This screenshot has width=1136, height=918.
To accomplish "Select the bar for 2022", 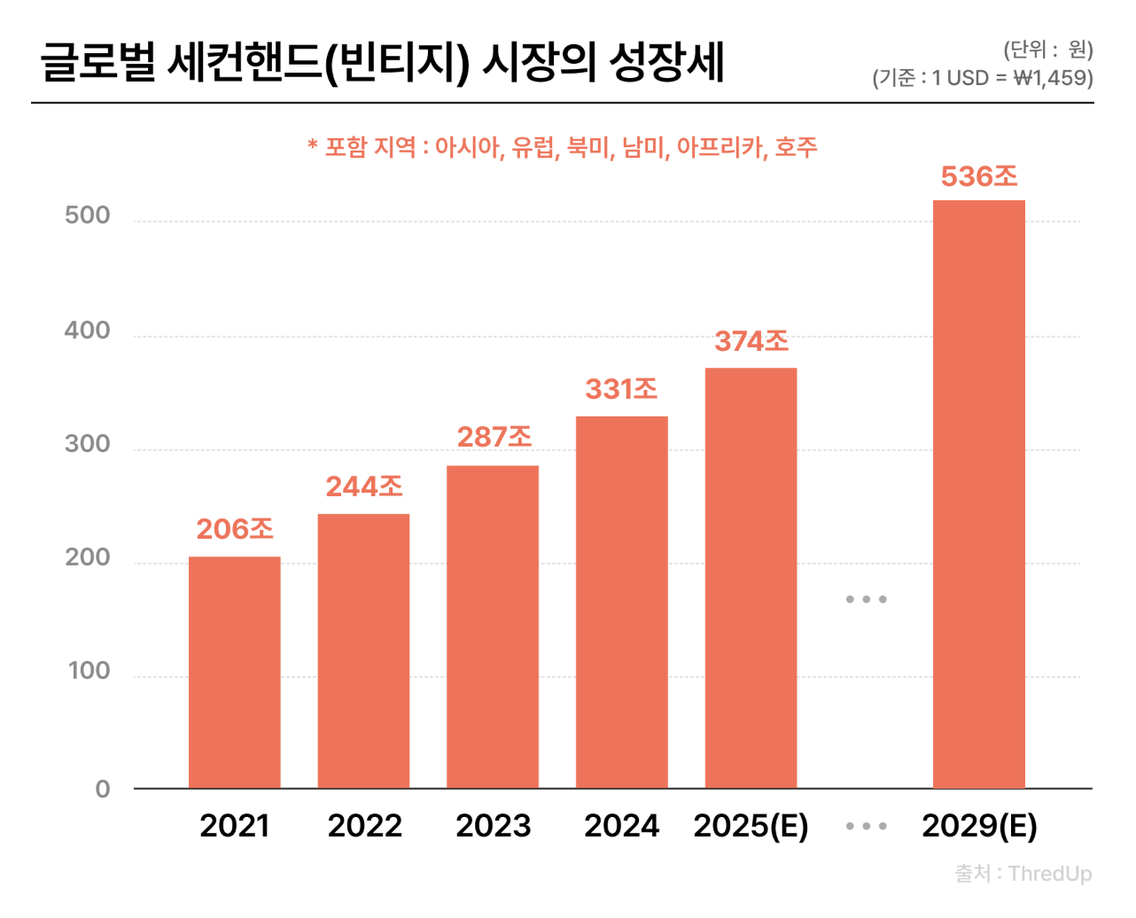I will (363, 650).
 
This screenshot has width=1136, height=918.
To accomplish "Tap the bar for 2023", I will (493, 626).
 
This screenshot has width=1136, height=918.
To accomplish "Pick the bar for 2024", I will (622, 602).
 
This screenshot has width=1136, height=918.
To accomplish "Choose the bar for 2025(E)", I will (751, 578).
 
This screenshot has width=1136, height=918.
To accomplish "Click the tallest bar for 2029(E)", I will (979, 494).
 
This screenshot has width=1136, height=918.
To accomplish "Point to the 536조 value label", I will (979, 177).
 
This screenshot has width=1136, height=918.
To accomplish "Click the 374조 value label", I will (751, 341).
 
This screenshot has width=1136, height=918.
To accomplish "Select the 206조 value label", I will (235, 529).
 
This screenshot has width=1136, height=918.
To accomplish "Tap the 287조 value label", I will (494, 437).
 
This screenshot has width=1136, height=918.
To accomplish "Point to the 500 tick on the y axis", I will (88, 215).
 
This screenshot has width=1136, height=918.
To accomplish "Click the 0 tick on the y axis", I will (103, 789).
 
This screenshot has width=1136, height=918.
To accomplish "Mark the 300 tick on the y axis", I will (88, 444).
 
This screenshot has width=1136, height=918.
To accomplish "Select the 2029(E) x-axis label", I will (979, 826).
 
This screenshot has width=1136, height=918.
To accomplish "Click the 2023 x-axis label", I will (493, 826).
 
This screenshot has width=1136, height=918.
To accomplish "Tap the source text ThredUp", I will (1049, 874).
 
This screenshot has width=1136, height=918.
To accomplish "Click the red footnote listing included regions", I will (562, 147).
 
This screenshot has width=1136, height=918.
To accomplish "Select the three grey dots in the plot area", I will (866, 600).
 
